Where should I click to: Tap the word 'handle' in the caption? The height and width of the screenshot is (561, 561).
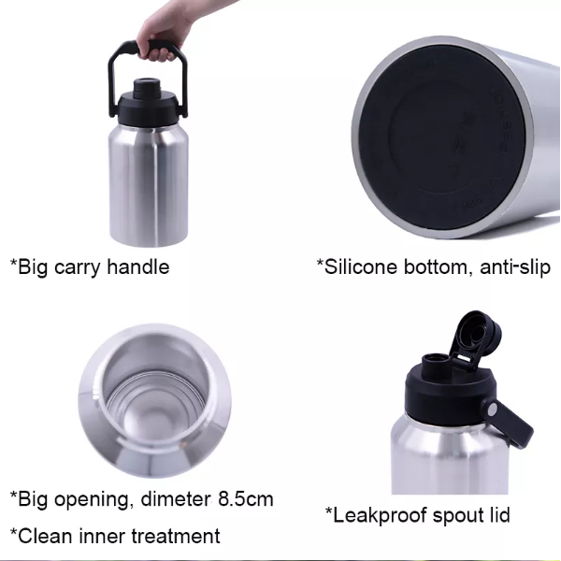click(x=138, y=266)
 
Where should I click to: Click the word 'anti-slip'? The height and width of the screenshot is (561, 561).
click(x=515, y=267)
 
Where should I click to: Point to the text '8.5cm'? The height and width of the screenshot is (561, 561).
click(x=245, y=498)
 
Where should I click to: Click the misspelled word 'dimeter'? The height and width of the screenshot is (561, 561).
click(x=176, y=498)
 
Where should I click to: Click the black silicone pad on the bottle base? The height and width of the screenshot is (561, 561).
click(x=442, y=137)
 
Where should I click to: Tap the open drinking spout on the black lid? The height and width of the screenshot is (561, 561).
click(x=436, y=365)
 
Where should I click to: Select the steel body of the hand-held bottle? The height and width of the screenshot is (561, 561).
click(x=149, y=185)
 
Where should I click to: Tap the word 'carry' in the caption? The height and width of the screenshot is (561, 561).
click(x=77, y=267)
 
